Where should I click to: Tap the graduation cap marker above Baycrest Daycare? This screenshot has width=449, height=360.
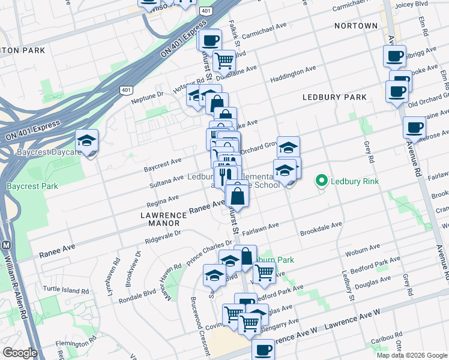87,142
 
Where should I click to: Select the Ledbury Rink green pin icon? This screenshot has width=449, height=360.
322,179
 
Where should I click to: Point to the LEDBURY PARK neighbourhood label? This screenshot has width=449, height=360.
334,97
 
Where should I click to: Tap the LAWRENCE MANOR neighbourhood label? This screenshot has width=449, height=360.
160,218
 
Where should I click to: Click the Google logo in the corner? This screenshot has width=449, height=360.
20,353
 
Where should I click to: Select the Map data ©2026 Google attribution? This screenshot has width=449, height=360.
412,355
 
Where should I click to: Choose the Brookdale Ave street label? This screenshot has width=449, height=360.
321,228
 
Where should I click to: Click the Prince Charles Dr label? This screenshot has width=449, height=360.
209,248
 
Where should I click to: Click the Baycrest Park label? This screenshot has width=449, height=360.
32,186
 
